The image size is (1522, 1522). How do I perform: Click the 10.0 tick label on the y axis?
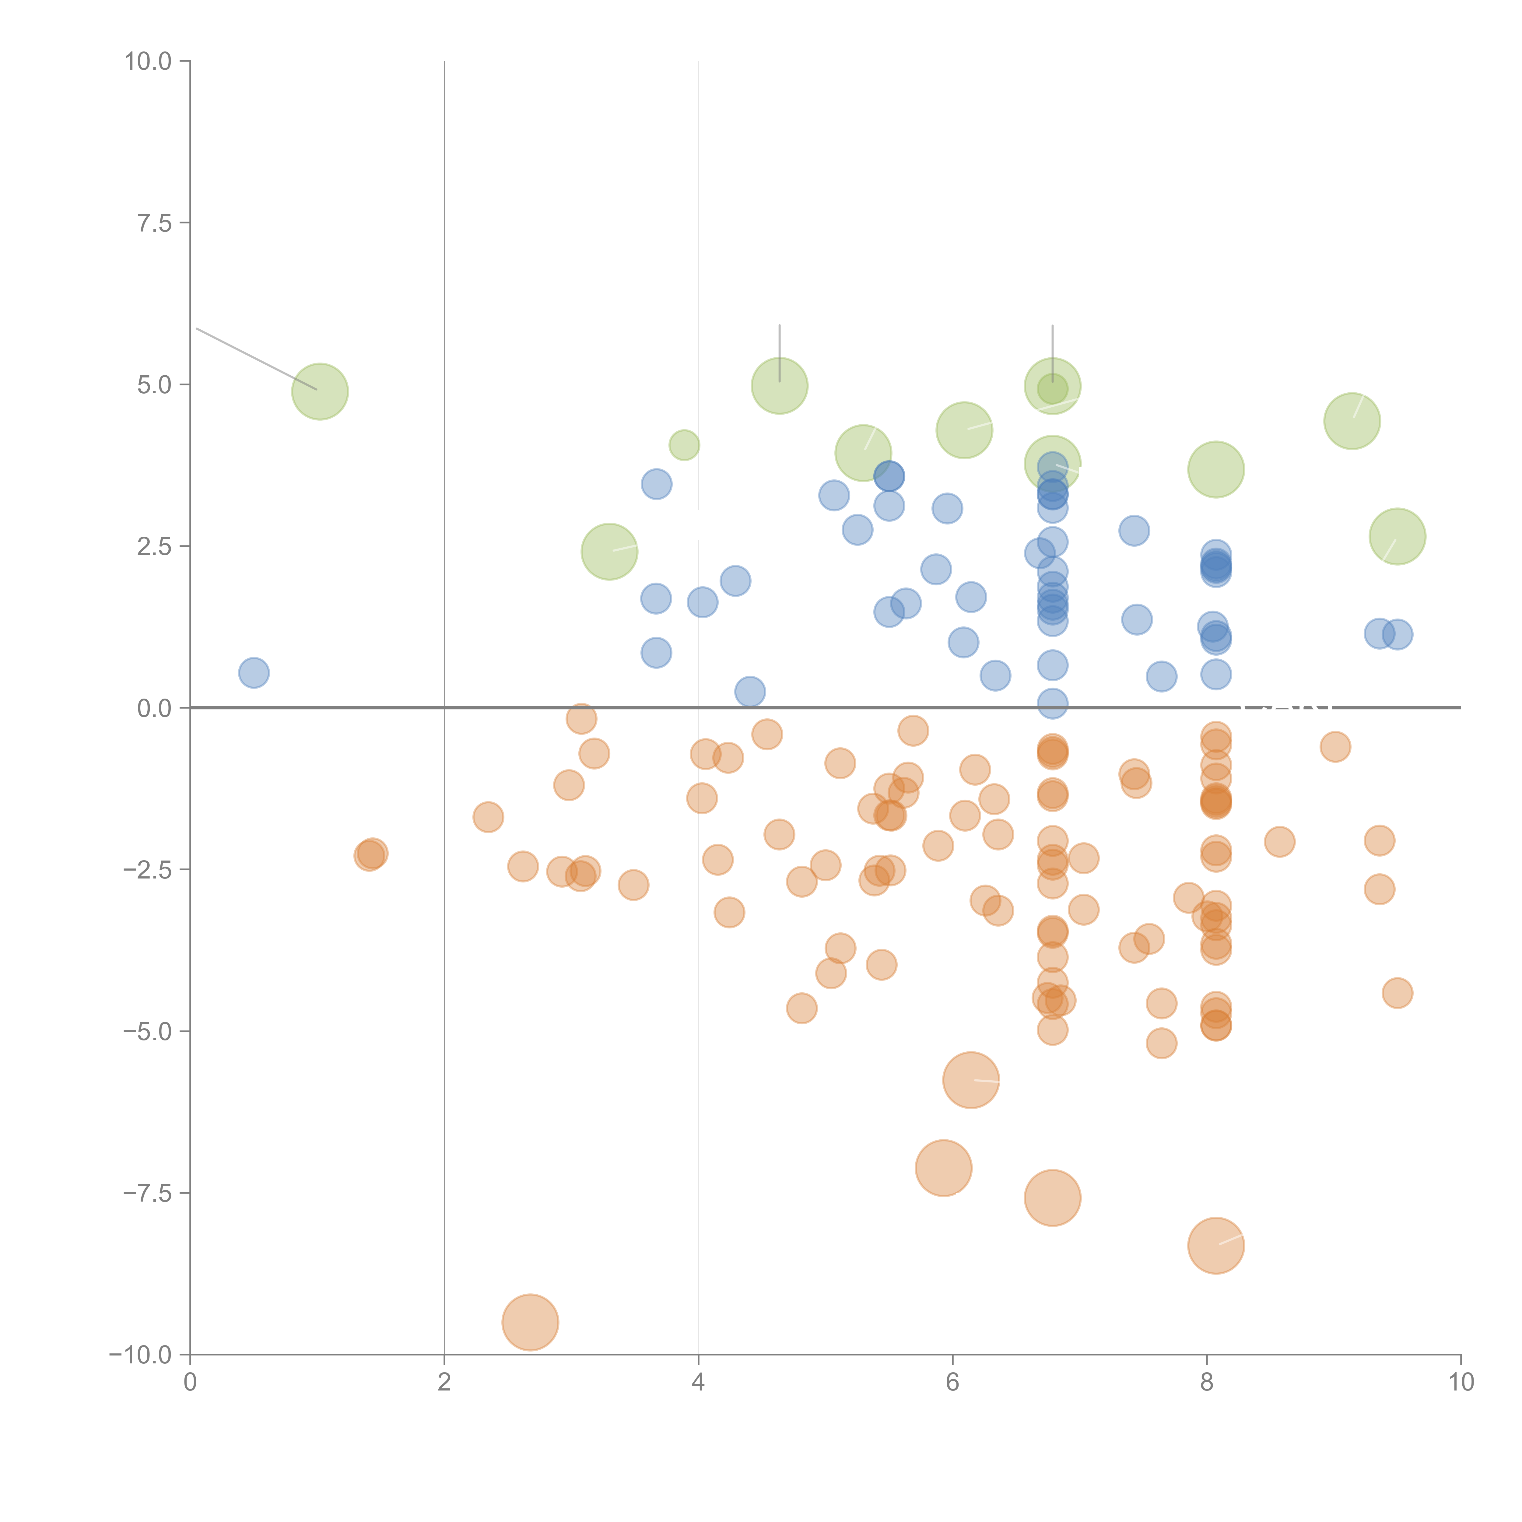pyautogui.click(x=148, y=61)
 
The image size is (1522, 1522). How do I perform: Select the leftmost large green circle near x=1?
pyautogui.click(x=320, y=391)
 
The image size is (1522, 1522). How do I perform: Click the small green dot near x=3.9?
pyautogui.click(x=684, y=445)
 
